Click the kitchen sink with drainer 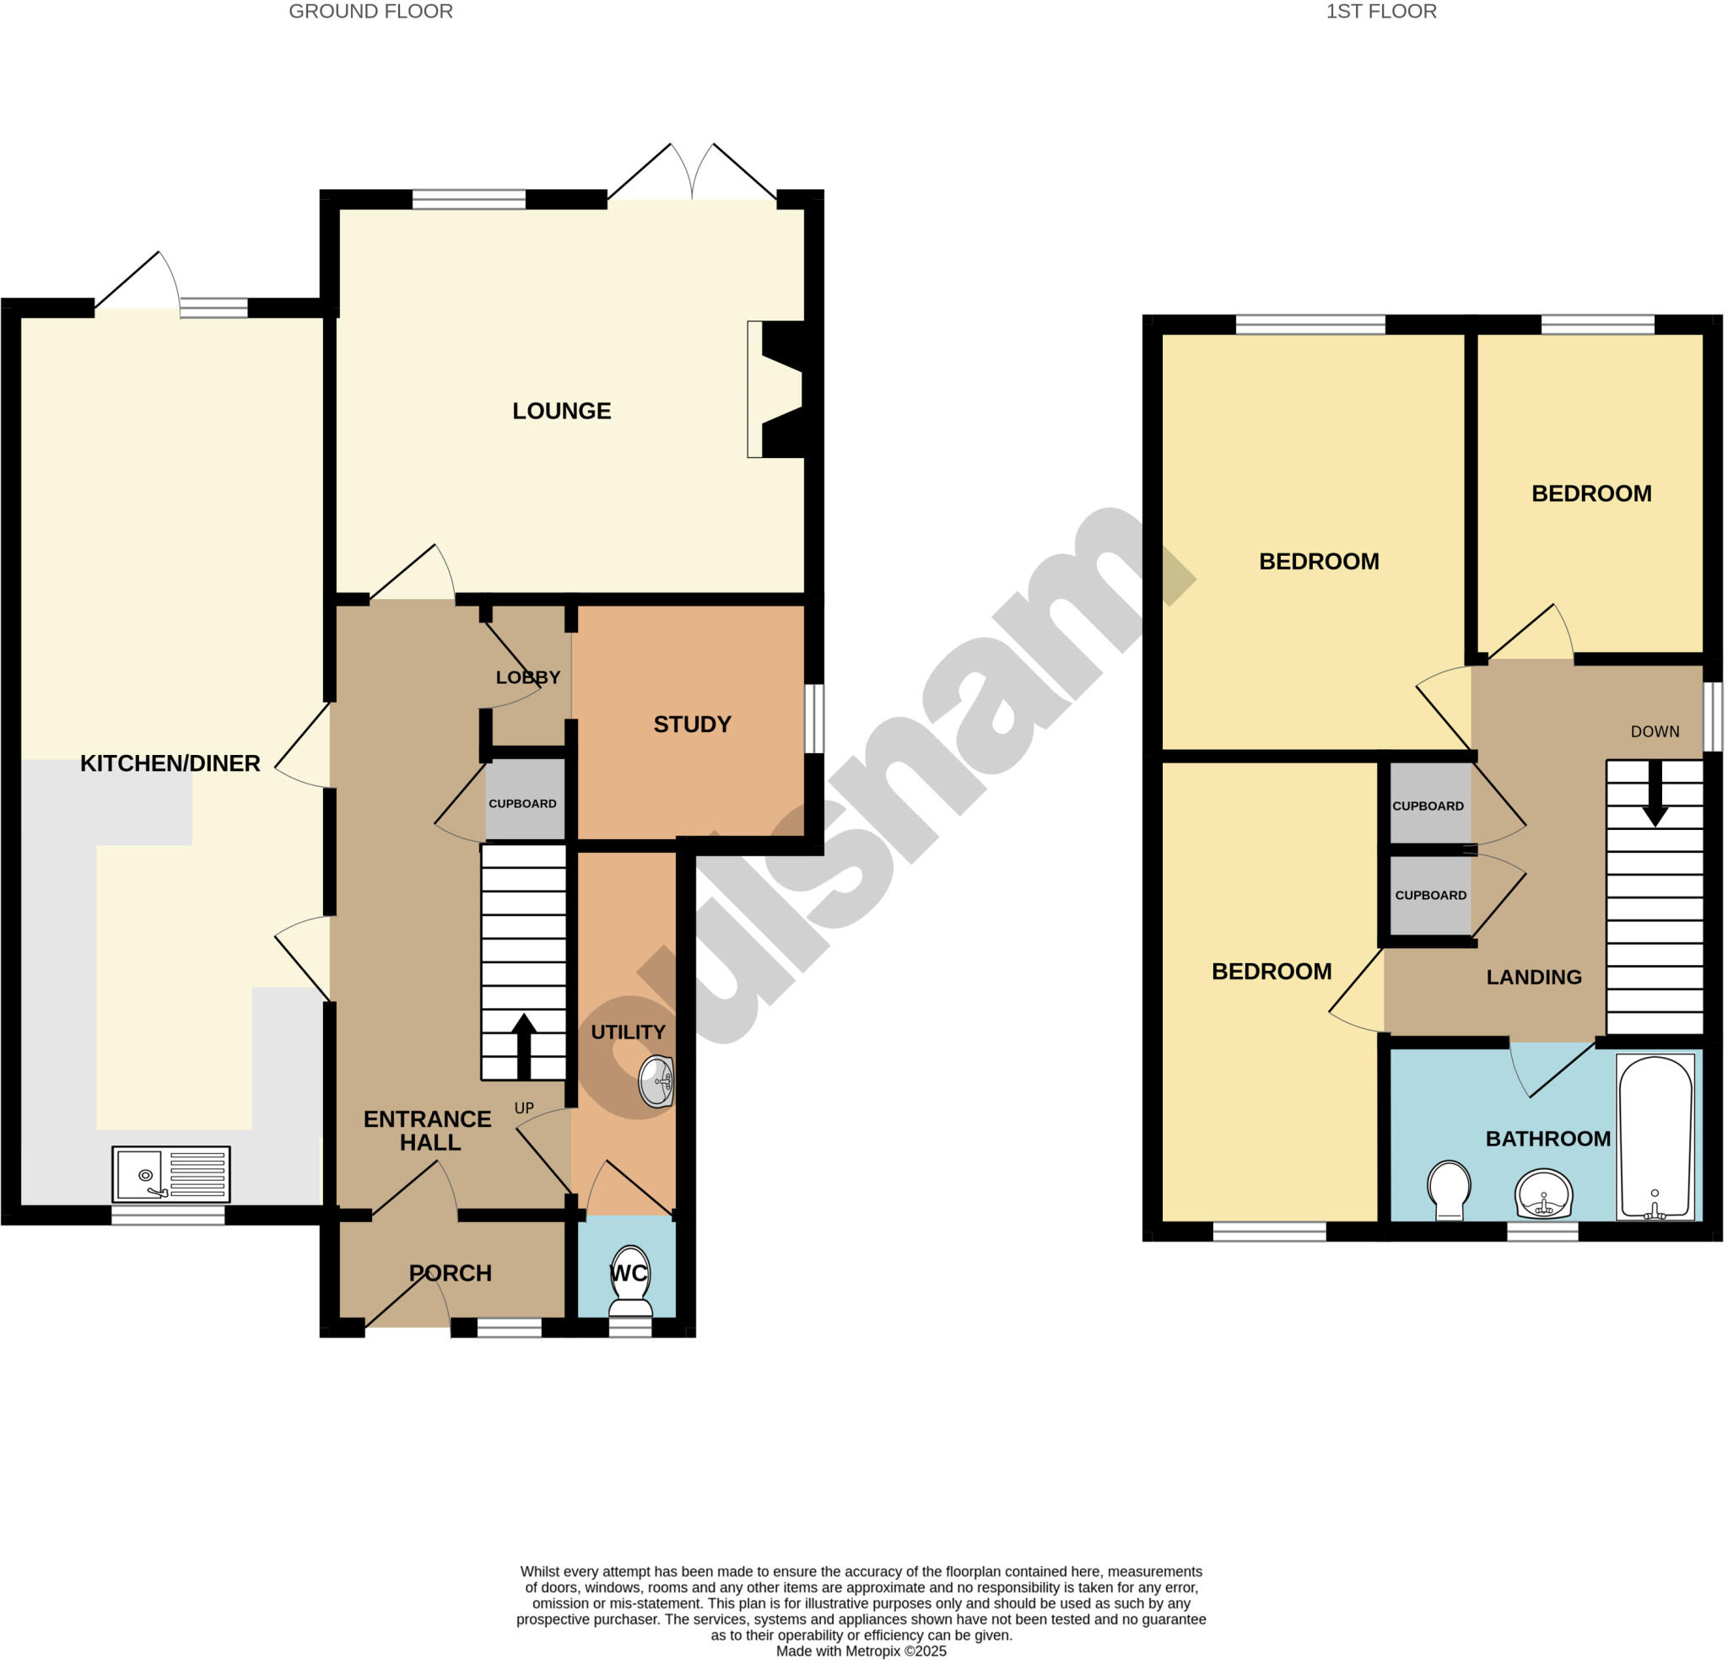click(170, 1173)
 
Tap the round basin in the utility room click(656, 1081)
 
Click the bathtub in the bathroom click(1655, 1136)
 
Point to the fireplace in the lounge click(778, 389)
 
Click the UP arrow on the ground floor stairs click(524, 1047)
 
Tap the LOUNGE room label click(562, 411)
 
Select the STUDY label click(692, 725)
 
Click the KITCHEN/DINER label click(170, 763)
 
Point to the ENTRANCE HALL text click(429, 1130)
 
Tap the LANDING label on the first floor click(1533, 977)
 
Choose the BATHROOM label click(1547, 1138)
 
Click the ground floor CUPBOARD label click(522, 804)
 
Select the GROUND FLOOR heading click(370, 12)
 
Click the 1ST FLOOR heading click(1380, 12)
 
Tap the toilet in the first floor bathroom click(1449, 1190)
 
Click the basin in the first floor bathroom click(1543, 1194)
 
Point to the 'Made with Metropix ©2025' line click(861, 1651)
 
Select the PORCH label click(450, 1273)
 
